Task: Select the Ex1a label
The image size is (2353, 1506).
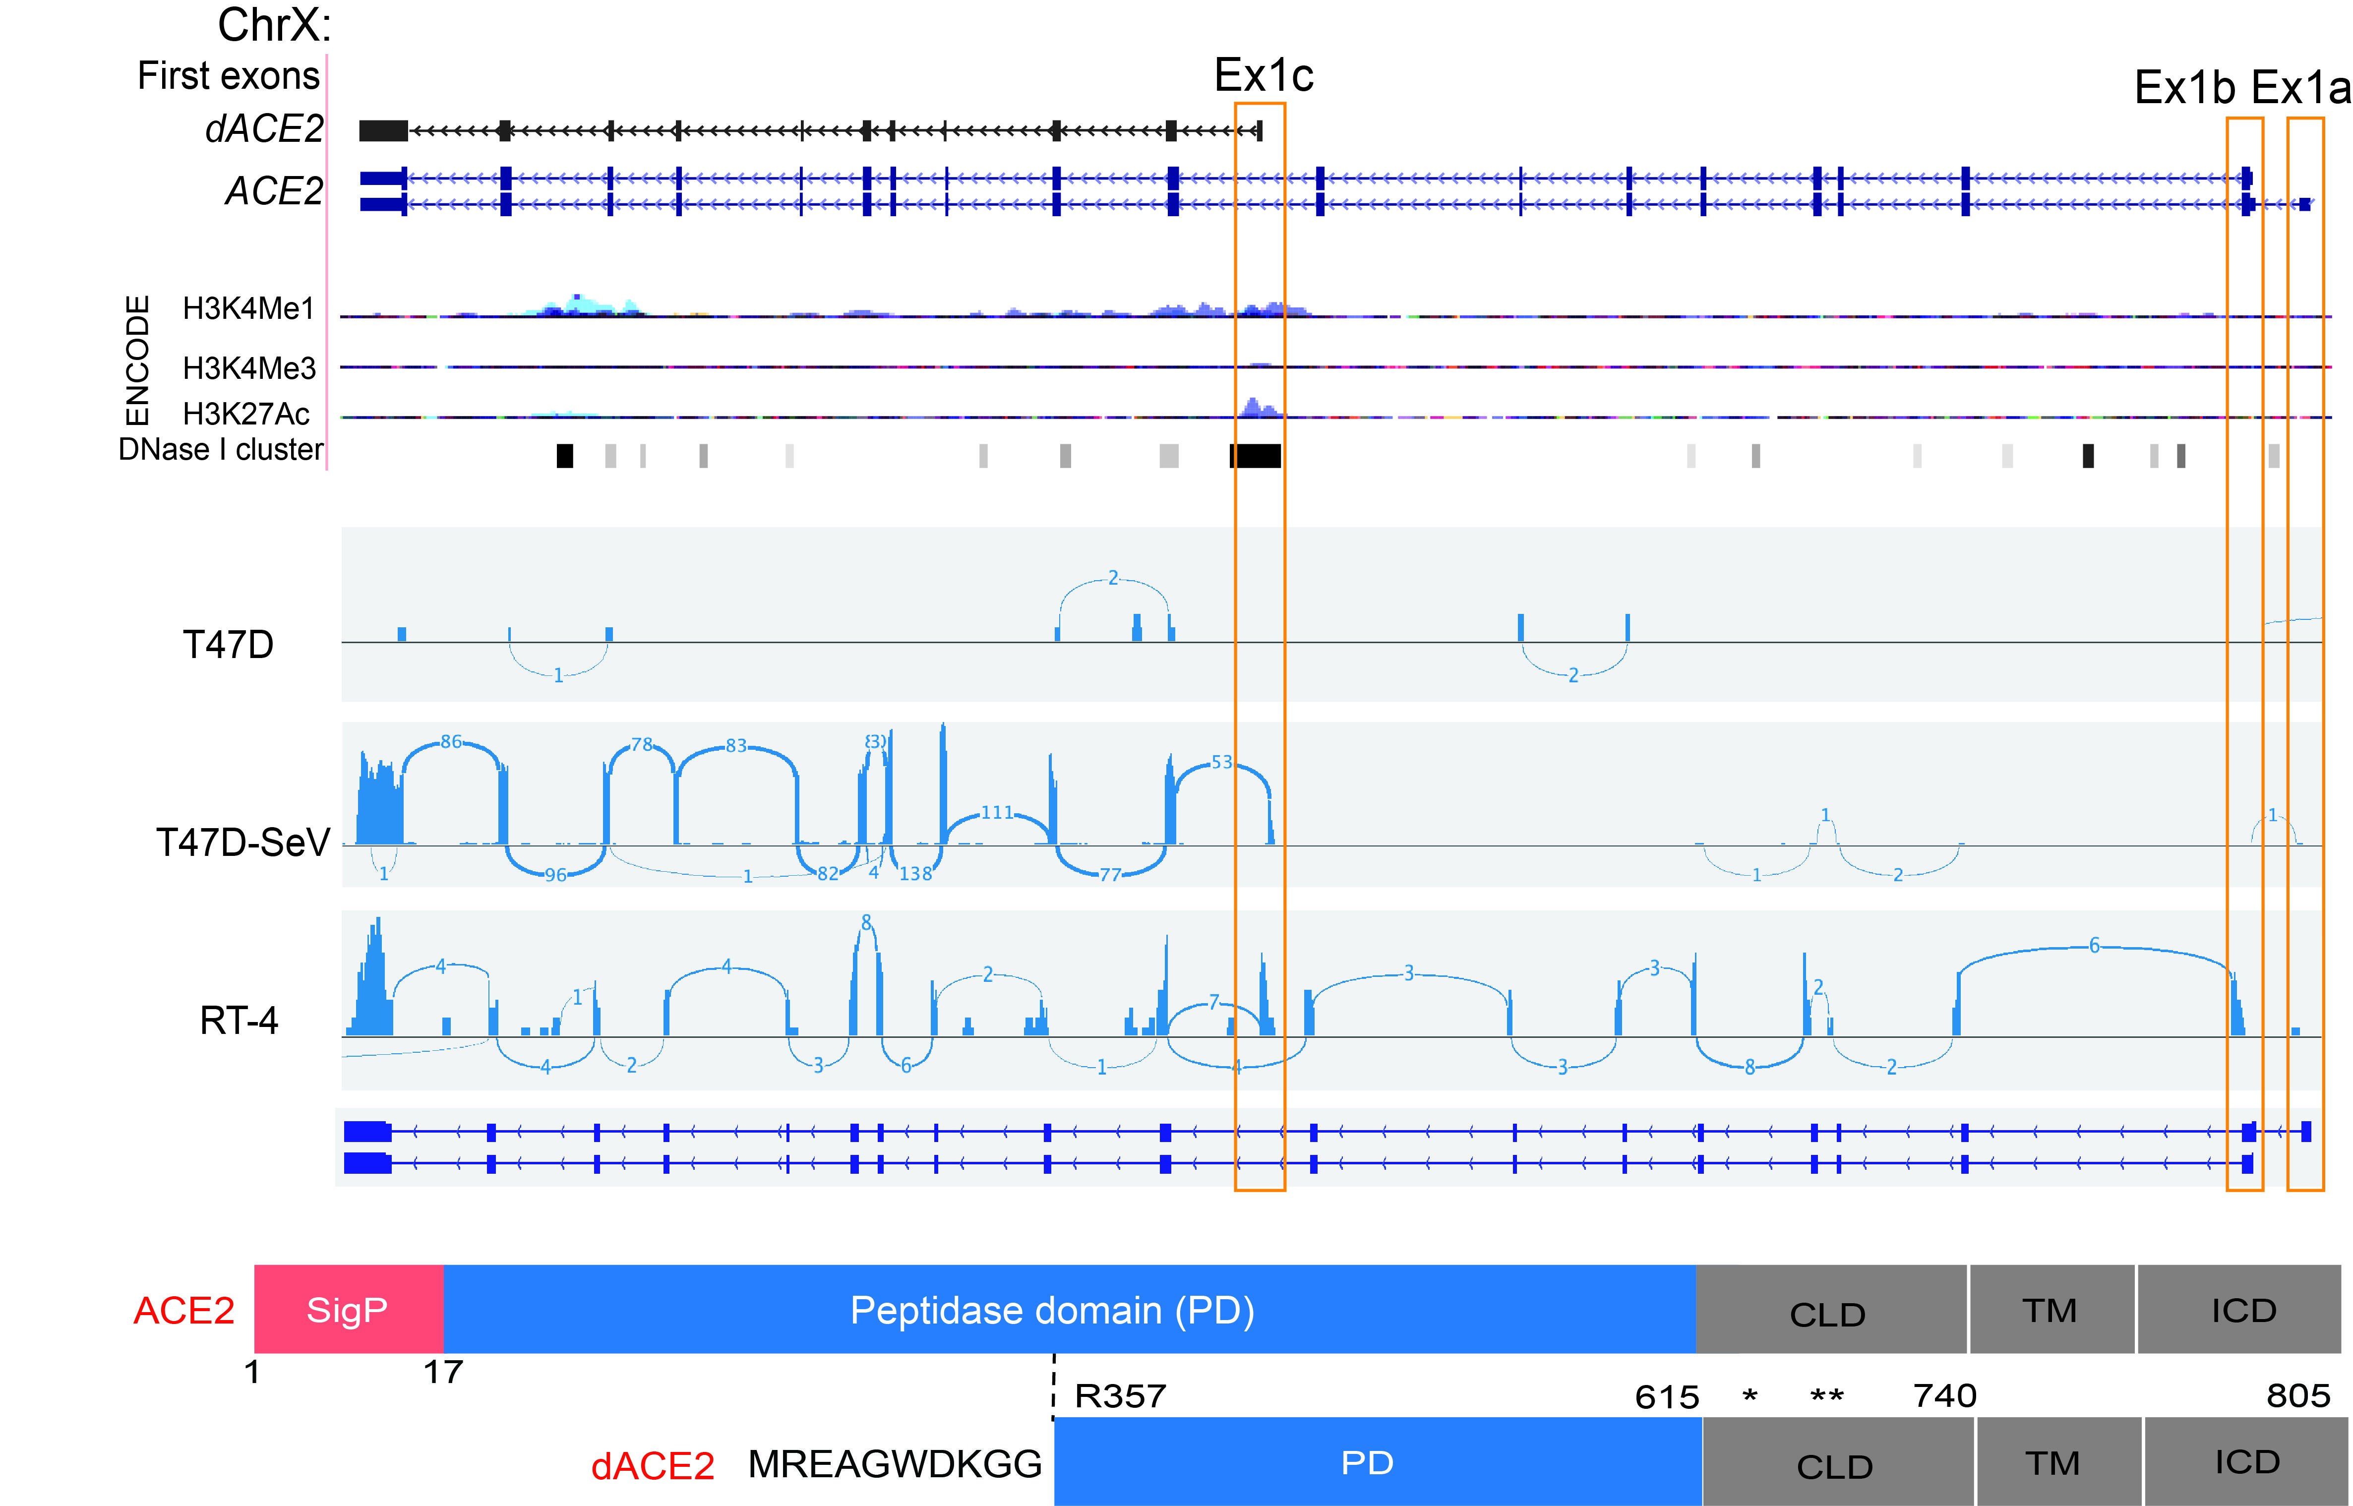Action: [x=2300, y=88]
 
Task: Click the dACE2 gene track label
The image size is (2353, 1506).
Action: [x=263, y=129]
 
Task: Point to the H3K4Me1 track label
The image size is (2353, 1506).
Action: [x=248, y=309]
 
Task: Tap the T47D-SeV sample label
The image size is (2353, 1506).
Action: [x=242, y=842]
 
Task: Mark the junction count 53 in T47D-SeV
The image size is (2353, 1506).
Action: [x=1221, y=762]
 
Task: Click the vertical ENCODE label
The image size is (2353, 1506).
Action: [x=138, y=360]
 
